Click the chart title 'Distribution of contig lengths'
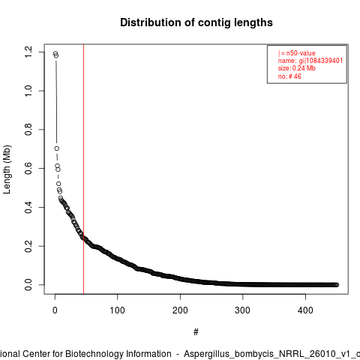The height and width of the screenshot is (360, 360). [196, 22]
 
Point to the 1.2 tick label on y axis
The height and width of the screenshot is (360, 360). [28, 52]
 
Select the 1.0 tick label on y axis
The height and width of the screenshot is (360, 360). [28, 91]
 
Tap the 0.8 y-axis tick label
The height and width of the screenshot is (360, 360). [28, 130]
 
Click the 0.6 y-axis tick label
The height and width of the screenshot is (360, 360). [28, 168]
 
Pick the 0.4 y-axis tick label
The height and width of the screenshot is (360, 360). [28, 207]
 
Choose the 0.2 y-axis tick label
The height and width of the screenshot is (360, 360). [28, 246]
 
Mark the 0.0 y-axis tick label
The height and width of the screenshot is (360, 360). [28, 285]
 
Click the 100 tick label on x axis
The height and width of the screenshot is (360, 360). [118, 310]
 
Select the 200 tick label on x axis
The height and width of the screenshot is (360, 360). [180, 310]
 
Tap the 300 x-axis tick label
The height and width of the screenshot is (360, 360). [242, 310]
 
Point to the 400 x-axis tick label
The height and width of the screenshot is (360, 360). [305, 310]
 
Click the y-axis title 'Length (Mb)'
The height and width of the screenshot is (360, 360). [7, 169]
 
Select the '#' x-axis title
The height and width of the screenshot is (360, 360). [196, 332]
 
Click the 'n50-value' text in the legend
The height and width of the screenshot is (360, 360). [301, 53]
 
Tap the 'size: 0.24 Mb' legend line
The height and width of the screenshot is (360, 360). [297, 68]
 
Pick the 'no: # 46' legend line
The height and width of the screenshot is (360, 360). [289, 76]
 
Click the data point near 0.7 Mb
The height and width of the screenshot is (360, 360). [57, 148]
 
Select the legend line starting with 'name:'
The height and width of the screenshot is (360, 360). [310, 61]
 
